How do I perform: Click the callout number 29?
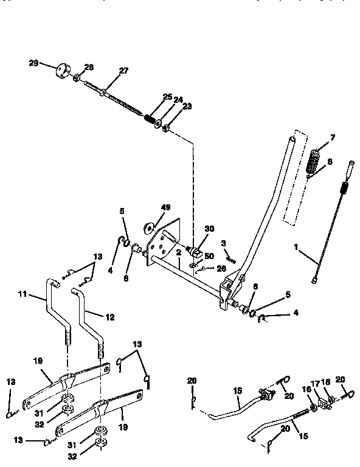click(33, 63)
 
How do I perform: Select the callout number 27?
click(123, 71)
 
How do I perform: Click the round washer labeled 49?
click(147, 228)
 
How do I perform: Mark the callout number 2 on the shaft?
click(179, 252)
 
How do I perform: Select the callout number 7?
click(333, 137)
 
